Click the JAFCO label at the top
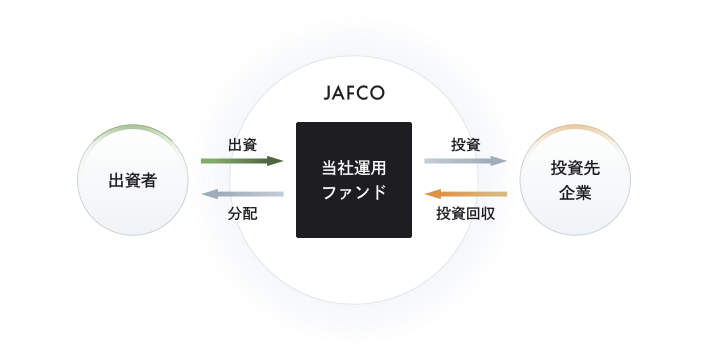coord(354,95)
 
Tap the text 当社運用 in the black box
coord(354,167)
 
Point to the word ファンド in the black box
coord(354,192)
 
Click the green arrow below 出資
coord(240,160)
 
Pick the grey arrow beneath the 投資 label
coord(465,160)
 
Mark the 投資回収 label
coord(467,212)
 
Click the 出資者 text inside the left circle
coord(133,181)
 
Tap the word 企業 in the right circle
coord(575,192)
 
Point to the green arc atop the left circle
coord(133,128)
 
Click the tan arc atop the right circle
coord(575,129)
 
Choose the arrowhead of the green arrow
coord(277,160)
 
